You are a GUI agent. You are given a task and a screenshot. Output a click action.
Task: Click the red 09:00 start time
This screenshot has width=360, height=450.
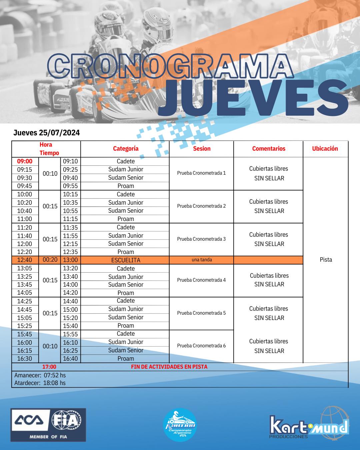(25, 161)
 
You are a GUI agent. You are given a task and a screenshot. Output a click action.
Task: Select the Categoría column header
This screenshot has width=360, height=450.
(126, 149)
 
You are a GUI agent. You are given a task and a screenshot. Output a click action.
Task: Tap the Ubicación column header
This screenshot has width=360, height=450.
(325, 149)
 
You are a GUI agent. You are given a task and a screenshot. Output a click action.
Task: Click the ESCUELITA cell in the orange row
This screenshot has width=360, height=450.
(126, 260)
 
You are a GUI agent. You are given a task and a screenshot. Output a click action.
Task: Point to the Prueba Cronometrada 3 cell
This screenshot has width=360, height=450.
(201, 239)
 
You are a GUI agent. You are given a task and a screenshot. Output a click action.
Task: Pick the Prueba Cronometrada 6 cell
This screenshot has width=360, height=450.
(201, 346)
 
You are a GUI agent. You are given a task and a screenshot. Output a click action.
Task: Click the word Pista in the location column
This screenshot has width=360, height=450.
(326, 260)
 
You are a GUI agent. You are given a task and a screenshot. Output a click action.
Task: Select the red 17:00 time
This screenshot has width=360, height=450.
(49, 367)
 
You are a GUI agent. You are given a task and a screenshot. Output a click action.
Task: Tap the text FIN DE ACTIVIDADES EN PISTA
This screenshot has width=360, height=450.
(169, 367)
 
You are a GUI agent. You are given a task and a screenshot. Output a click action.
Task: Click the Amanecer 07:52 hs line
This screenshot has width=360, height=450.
(40, 375)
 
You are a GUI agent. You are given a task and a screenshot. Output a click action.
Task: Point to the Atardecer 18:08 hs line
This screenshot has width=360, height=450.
(40, 383)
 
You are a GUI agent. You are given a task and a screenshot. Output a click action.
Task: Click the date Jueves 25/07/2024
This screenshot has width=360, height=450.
(47, 133)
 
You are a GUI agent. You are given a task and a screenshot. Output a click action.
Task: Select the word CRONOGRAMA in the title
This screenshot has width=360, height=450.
(170, 66)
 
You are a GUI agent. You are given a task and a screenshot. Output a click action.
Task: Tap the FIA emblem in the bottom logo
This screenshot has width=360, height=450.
(66, 420)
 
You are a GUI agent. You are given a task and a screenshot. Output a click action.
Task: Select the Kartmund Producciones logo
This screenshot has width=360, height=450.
(309, 426)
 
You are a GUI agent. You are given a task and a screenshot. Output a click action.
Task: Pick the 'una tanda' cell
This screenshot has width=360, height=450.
(202, 260)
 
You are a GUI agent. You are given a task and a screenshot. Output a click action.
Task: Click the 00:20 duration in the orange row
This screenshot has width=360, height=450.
(50, 260)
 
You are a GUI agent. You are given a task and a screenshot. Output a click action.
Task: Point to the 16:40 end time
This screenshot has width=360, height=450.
(70, 359)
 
